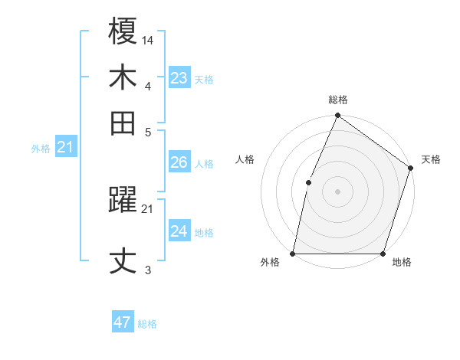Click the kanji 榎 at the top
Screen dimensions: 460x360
[x=123, y=32]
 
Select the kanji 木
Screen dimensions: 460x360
[x=123, y=77]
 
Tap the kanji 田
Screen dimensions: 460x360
[x=123, y=123]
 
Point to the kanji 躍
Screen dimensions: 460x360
[x=123, y=201]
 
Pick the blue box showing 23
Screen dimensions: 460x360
[x=179, y=78]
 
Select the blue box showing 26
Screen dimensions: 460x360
[x=179, y=162]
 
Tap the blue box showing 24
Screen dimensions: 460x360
[x=179, y=231]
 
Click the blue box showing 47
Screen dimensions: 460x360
[x=123, y=322]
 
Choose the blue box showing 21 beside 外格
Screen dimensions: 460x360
[x=65, y=147]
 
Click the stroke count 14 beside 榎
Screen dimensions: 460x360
[x=148, y=39]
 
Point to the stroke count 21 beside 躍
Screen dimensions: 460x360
[x=148, y=208]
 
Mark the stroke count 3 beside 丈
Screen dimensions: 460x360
[x=148, y=270]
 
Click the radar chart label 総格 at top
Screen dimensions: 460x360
[x=337, y=100]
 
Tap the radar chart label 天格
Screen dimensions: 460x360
[x=431, y=159]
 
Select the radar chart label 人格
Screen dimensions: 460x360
[x=245, y=159]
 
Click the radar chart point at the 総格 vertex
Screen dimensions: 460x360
[x=337, y=116]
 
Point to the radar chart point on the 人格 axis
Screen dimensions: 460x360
[x=308, y=182]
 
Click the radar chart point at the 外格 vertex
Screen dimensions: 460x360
[x=293, y=253]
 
